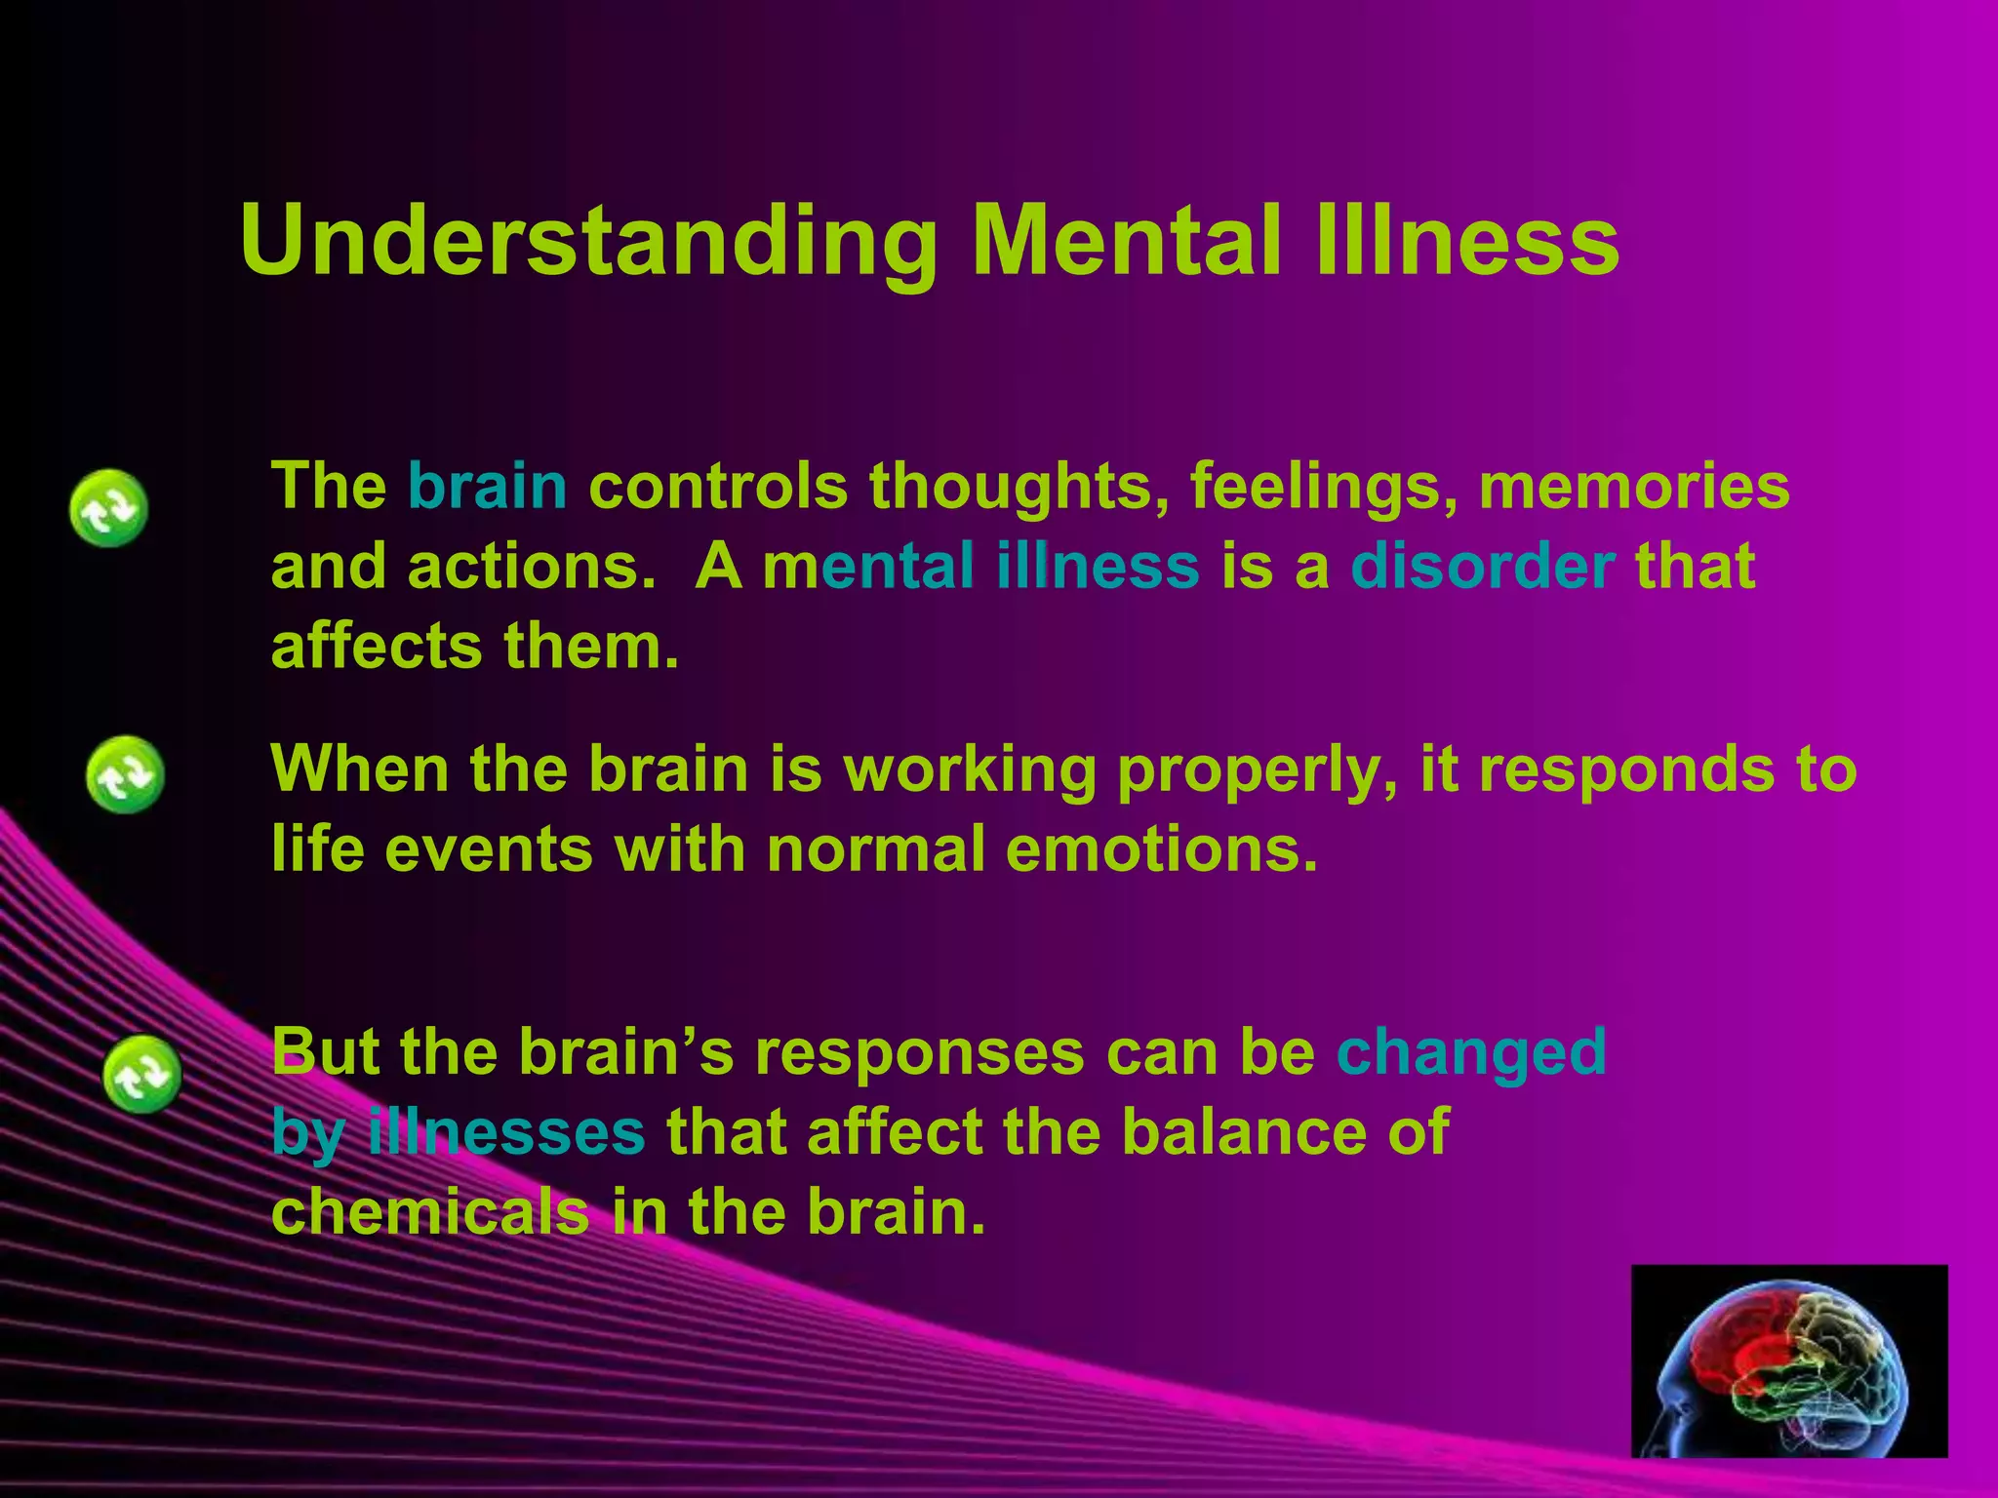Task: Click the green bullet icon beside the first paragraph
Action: click(108, 507)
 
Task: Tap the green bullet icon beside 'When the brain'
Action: click(125, 774)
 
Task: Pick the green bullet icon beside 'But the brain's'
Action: click(142, 1074)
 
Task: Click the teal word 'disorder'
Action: click(1483, 566)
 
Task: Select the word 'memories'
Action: click(1634, 486)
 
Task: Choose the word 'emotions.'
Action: click(1161, 848)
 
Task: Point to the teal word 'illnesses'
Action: click(506, 1131)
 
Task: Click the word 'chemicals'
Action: click(430, 1211)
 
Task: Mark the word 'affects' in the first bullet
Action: click(377, 646)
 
